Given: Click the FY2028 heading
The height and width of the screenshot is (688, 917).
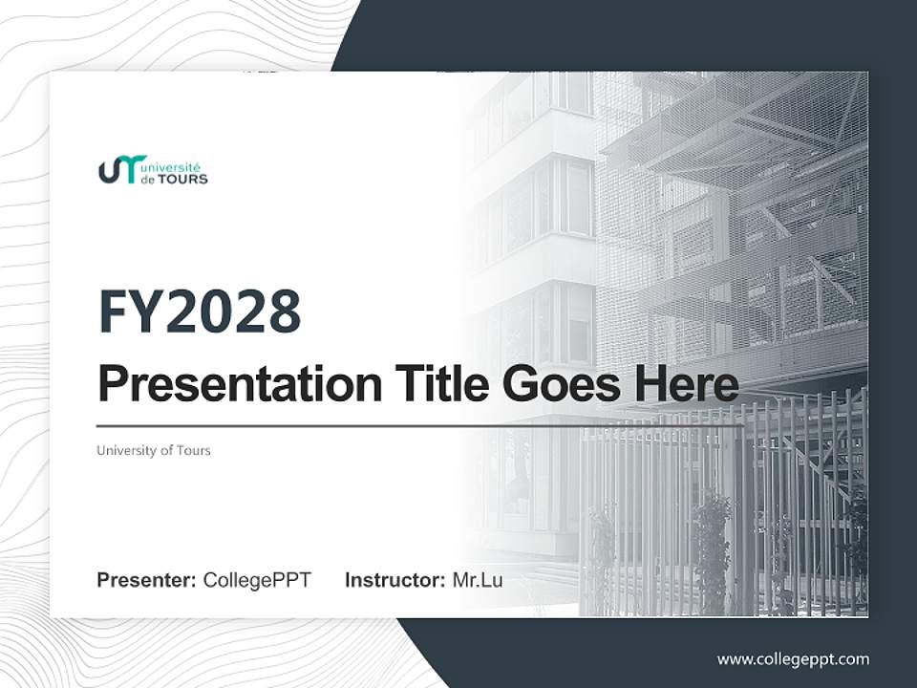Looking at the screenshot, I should point(200,312).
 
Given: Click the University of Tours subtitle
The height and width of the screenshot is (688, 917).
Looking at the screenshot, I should point(153,450).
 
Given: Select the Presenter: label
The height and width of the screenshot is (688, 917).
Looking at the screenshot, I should point(147,580).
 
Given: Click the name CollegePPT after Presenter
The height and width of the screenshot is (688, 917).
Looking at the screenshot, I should point(257,580).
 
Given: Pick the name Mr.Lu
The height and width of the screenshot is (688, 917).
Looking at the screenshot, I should point(478,580).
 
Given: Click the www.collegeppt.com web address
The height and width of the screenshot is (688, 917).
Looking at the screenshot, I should point(793,659).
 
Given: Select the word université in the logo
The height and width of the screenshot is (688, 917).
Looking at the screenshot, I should point(178,164).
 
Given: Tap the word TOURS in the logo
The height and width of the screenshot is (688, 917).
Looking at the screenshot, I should point(186,179).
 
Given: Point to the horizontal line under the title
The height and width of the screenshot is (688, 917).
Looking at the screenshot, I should point(420,426).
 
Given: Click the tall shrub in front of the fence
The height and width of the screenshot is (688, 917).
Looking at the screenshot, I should point(712,545).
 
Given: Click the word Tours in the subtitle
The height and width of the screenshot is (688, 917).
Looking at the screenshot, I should point(193,450).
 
